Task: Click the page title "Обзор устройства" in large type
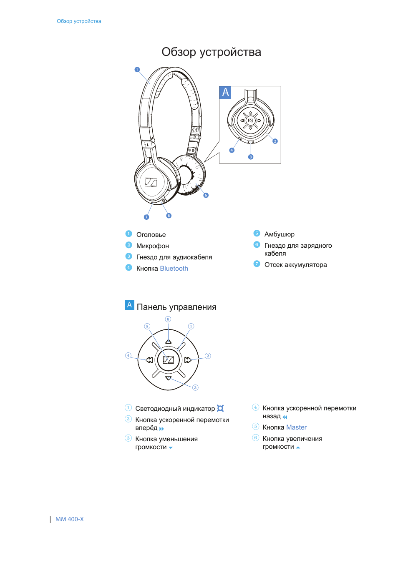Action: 211,52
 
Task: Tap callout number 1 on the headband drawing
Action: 137,70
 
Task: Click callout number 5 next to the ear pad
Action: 206,195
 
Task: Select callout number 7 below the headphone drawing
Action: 146,217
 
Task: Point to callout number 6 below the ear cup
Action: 169,216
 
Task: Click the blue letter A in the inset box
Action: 225,92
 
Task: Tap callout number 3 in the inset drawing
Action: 251,157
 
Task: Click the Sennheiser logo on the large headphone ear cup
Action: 151,182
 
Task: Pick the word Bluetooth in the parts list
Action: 174,269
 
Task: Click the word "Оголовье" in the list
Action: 151,235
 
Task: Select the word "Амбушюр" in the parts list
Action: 280,234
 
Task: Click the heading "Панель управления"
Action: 176,307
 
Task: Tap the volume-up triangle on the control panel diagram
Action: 168,342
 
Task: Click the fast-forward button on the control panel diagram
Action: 188,360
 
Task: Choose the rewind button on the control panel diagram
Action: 149,360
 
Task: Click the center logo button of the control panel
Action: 168,360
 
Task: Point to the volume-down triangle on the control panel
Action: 168,378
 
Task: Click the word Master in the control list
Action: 296,427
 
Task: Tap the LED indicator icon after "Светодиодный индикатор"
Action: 220,408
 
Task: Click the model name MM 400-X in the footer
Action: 70,519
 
